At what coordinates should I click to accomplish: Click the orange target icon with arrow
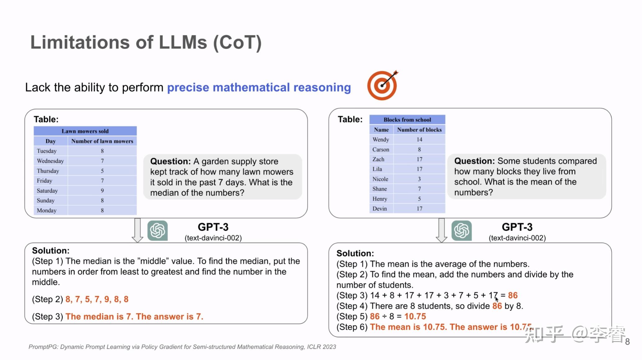pyautogui.click(x=382, y=85)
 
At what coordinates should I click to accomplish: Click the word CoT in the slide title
pyautogui.click(x=237, y=42)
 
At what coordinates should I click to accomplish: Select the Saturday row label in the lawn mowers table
pyautogui.click(x=47, y=191)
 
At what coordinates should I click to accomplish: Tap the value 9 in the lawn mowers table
pyautogui.click(x=102, y=191)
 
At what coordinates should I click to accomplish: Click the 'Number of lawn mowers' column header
pyautogui.click(x=102, y=141)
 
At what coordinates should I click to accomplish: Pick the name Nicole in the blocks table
pyautogui.click(x=380, y=179)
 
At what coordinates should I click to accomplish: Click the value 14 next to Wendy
pyautogui.click(x=419, y=139)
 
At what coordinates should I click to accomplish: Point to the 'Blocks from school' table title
pyautogui.click(x=407, y=120)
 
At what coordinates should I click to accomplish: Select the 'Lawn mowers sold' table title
pyautogui.click(x=85, y=131)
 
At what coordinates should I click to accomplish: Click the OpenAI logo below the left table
pyautogui.click(x=157, y=230)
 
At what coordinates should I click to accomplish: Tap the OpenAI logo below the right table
pyautogui.click(x=462, y=230)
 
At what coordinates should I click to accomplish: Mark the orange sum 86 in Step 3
pyautogui.click(x=513, y=295)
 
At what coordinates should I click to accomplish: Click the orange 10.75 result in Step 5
pyautogui.click(x=415, y=316)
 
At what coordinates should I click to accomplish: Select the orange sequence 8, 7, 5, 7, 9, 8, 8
pyautogui.click(x=97, y=299)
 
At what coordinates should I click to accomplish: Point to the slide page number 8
pyautogui.click(x=627, y=342)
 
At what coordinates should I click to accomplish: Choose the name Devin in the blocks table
pyautogui.click(x=380, y=208)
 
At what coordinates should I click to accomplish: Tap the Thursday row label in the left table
pyautogui.click(x=48, y=171)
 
